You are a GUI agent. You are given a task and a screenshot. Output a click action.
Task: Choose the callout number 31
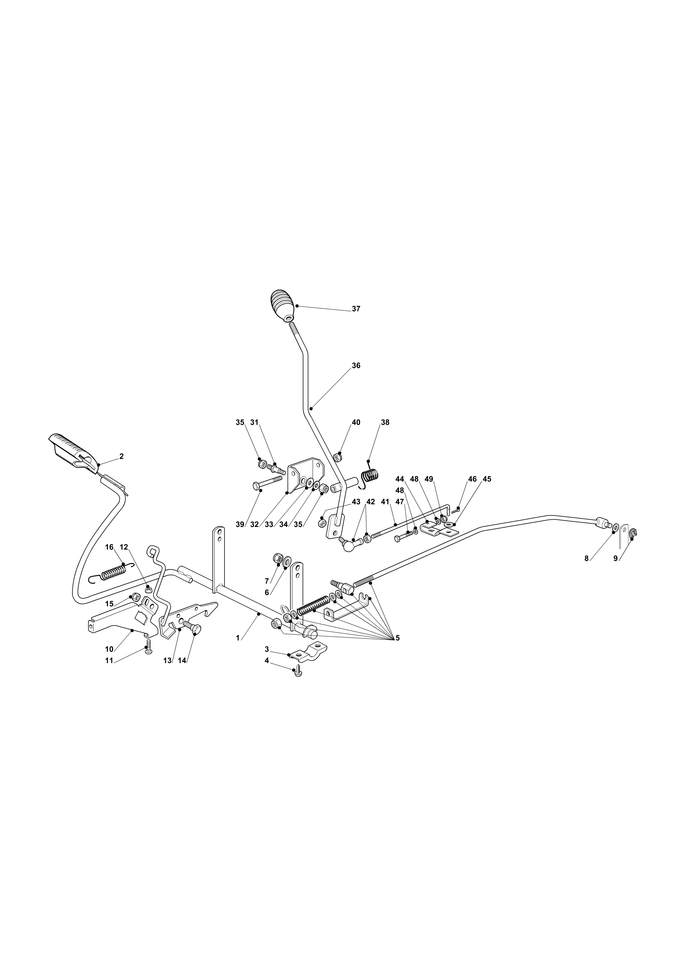coord(254,422)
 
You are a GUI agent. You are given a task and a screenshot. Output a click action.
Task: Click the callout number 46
coord(472,479)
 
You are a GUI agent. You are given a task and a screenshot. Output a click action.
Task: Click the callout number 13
coord(167,660)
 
